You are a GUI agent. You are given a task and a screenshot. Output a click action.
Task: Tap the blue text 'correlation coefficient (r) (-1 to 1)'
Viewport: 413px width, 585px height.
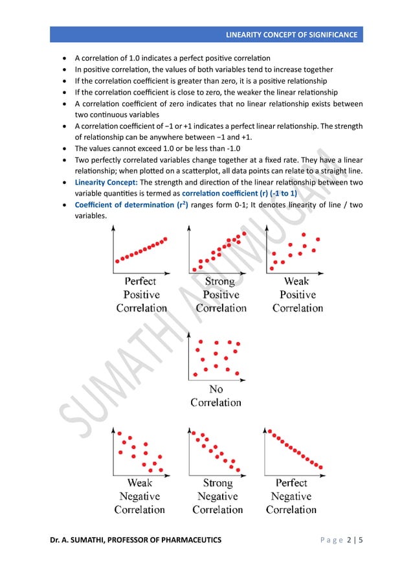[x=240, y=194]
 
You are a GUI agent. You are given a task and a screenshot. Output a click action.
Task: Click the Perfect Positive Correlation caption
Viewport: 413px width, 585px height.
[x=140, y=295]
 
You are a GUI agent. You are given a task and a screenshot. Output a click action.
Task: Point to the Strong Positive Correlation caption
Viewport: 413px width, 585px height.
[x=219, y=295]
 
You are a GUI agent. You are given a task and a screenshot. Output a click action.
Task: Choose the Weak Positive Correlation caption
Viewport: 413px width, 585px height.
[x=296, y=295]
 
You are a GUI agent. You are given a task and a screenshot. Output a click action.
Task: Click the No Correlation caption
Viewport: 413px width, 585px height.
[x=216, y=396]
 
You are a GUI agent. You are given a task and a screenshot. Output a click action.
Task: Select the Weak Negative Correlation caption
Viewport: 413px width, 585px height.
[x=139, y=496]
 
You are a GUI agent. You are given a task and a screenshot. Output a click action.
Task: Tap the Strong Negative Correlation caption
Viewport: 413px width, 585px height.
[x=218, y=496]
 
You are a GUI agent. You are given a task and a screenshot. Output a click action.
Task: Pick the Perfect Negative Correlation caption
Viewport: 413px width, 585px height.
[x=291, y=496]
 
